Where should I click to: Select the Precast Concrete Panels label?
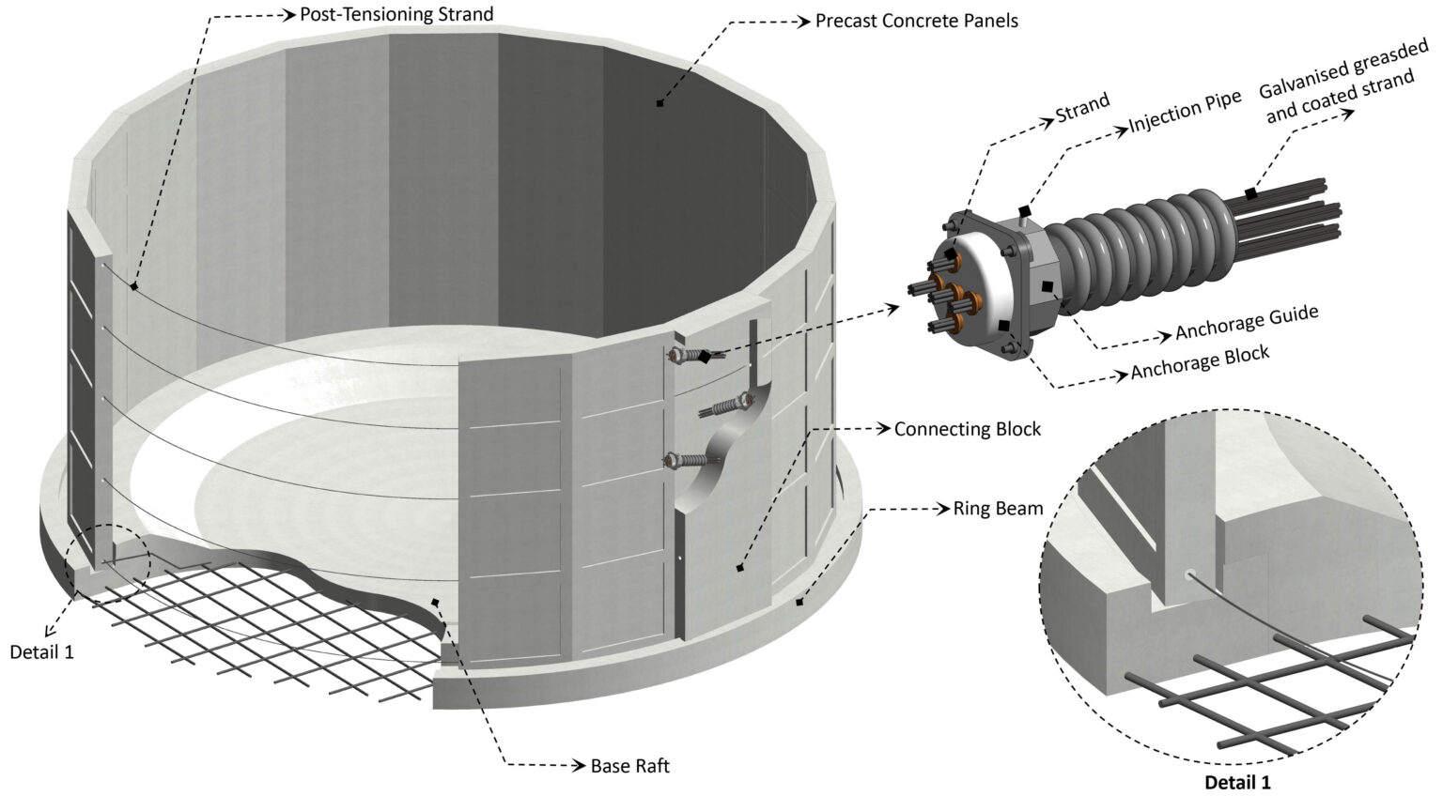click(x=916, y=20)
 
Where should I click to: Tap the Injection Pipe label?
click(x=1185, y=111)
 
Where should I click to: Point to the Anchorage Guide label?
click(x=1247, y=323)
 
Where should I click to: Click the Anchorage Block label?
click(x=1200, y=362)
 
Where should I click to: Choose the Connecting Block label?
click(x=967, y=429)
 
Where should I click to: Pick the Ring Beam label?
click(x=998, y=509)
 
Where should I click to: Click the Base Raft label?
click(x=629, y=766)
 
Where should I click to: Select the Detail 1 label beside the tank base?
click(x=41, y=650)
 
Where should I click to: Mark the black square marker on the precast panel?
click(x=659, y=102)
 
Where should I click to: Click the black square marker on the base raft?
click(x=434, y=602)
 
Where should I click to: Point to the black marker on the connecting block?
click(x=740, y=568)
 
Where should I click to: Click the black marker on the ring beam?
click(x=799, y=602)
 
